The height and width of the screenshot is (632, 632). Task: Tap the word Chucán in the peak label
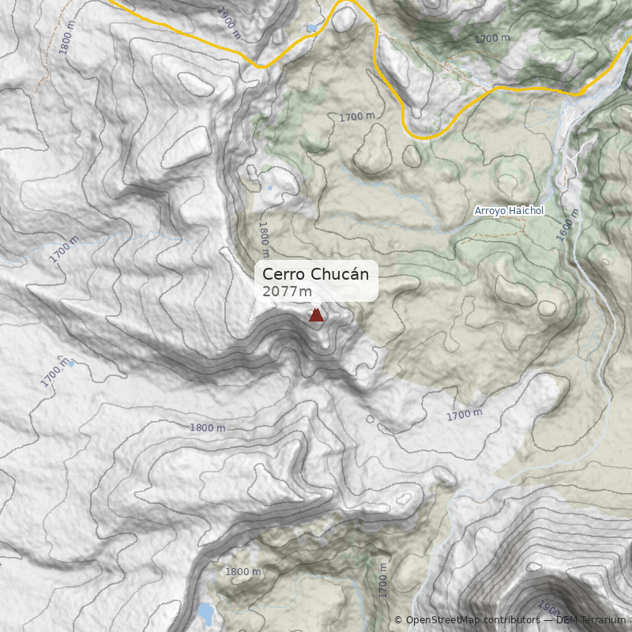(339, 274)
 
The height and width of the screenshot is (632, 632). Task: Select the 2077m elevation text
(287, 292)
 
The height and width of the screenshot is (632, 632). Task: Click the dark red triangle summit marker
(316, 315)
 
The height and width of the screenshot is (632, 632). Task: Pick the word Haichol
(526, 211)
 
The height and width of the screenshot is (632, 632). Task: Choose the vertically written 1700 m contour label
(383, 581)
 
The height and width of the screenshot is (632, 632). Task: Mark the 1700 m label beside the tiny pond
(55, 371)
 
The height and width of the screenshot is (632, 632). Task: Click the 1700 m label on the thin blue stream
(64, 249)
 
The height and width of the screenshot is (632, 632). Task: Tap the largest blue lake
(205, 613)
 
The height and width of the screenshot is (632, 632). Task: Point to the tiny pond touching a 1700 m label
(72, 363)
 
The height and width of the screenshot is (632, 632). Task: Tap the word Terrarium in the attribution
(602, 620)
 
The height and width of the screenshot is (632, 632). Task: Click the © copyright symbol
(398, 620)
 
